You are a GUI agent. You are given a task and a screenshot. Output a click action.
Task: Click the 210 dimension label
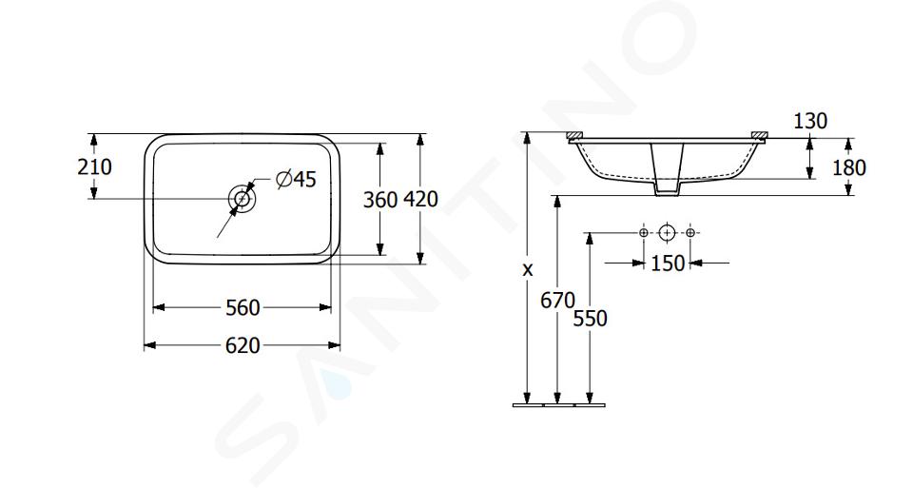(x=94, y=167)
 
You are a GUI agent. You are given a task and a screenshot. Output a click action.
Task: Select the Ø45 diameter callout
(x=297, y=180)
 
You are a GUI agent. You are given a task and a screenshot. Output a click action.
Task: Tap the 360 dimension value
(x=380, y=200)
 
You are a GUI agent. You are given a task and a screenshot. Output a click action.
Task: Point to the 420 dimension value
(x=420, y=200)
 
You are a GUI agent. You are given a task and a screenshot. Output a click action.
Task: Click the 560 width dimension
(x=243, y=307)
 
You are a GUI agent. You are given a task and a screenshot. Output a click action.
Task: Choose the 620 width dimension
(x=243, y=346)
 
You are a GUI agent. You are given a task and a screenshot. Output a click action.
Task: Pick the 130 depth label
(x=810, y=121)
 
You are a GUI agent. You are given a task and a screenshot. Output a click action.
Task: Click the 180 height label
(x=849, y=167)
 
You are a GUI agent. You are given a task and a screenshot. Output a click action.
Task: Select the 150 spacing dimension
(x=668, y=264)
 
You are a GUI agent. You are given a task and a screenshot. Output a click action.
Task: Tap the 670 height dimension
(x=557, y=301)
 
